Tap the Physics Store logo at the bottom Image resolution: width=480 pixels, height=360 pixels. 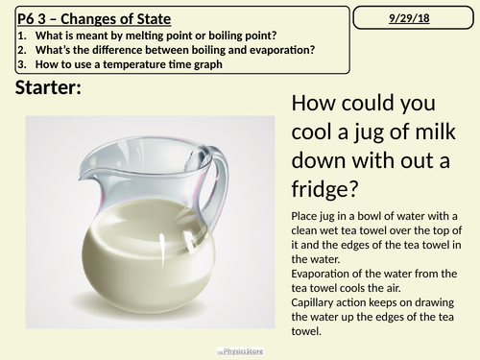coord(240,351)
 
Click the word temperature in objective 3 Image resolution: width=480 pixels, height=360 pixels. coord(134,64)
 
